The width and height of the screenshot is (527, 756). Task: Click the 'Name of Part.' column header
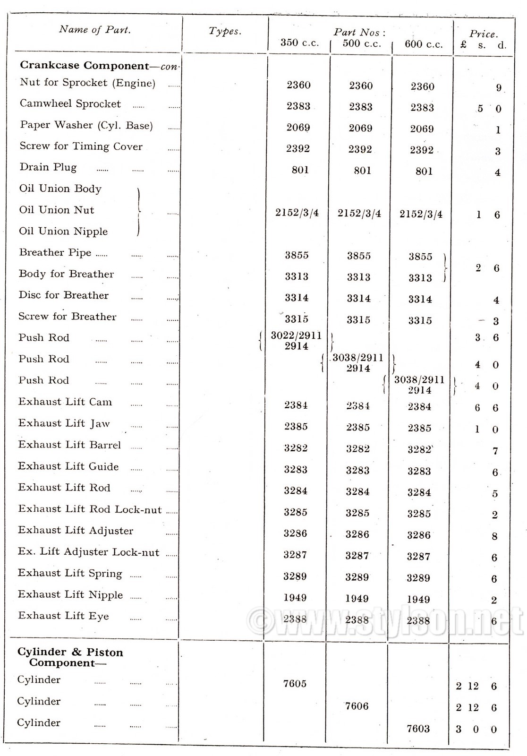pos(94,30)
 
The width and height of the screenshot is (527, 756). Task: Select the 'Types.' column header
pos(225,31)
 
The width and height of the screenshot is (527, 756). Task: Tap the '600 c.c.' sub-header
pos(424,44)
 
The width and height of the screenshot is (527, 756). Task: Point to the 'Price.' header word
pos(483,34)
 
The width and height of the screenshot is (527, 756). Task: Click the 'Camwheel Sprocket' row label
pos(70,104)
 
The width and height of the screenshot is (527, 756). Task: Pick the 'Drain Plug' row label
pos(48,167)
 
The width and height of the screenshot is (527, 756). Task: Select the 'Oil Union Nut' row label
pos(57,210)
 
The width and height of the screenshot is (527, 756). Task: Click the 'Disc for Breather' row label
pos(64,295)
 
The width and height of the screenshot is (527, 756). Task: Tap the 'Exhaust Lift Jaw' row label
pos(64,423)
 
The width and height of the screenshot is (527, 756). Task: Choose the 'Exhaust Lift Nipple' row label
pos(70,595)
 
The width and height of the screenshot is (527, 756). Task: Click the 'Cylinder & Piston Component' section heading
pos(70,657)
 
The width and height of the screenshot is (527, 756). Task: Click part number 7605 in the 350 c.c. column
pos(295,683)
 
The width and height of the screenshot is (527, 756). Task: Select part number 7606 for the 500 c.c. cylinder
pos(357,706)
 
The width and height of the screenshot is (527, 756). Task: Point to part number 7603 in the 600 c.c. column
pos(418,729)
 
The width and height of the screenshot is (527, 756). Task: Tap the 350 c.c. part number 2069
pos(298,128)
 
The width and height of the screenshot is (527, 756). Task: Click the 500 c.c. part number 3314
pos(358,299)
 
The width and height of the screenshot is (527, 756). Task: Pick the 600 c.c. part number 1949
pos(418,599)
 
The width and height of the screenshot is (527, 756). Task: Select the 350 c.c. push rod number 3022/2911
pos(296,336)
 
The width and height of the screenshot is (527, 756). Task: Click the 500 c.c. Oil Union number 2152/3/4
pos(359,213)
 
